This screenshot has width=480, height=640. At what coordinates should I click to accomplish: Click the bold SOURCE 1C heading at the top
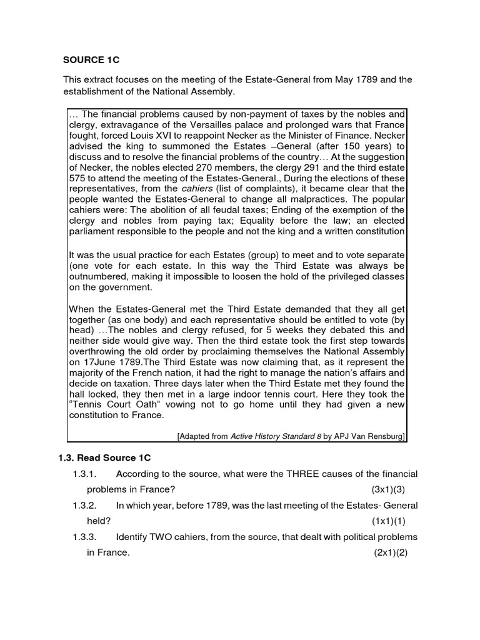[x=91, y=60]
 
